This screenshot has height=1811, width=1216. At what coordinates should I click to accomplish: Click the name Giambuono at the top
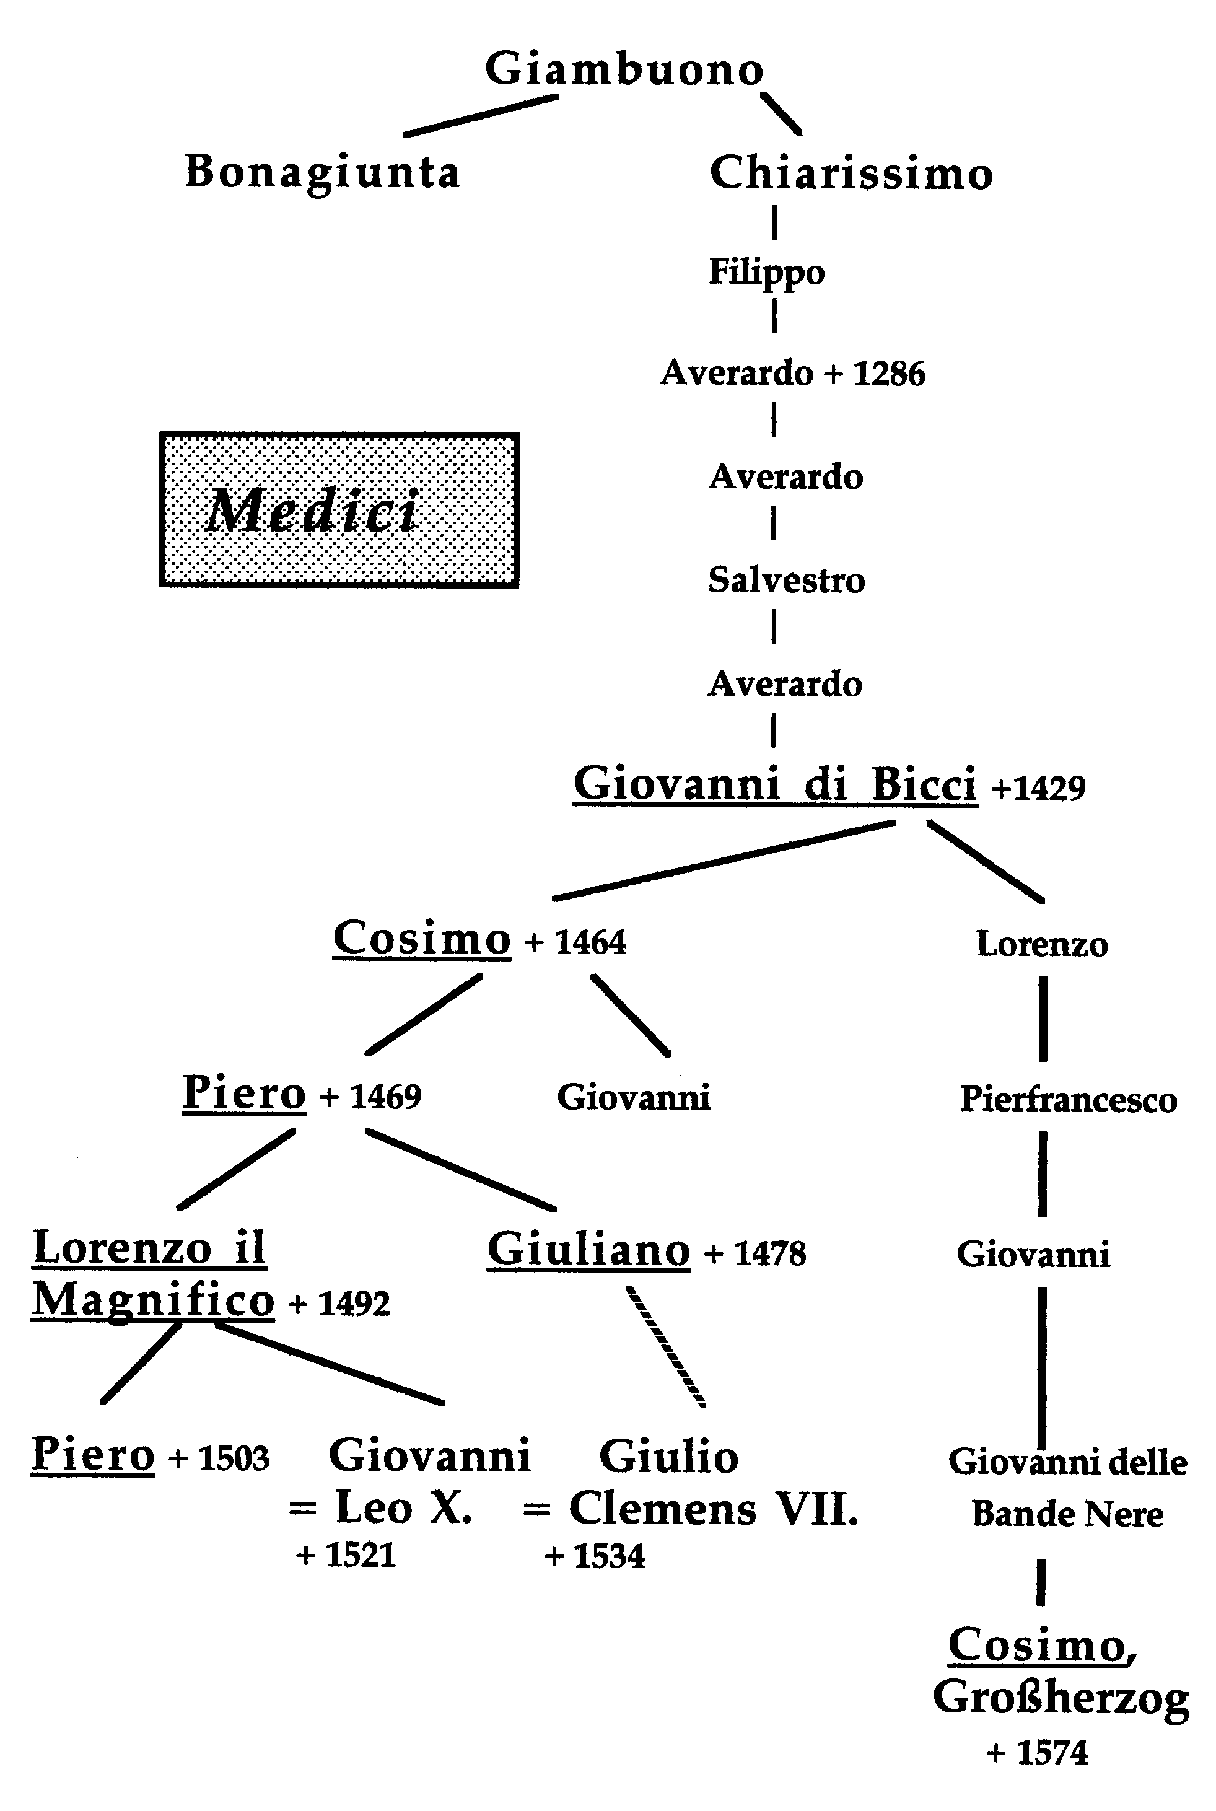tap(624, 69)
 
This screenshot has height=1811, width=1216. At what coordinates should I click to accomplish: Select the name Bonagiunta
tap(323, 172)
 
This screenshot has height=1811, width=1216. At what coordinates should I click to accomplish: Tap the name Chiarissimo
tap(851, 173)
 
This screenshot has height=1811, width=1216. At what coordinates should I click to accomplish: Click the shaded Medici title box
tap(339, 509)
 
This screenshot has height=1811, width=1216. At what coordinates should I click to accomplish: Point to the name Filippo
tap(766, 272)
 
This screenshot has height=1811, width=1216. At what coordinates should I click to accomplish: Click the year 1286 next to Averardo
tap(889, 374)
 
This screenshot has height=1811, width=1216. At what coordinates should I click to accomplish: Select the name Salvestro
tap(785, 580)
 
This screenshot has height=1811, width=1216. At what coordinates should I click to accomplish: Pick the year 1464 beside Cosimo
tap(590, 942)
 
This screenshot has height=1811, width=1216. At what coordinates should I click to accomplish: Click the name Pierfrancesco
tap(1068, 1099)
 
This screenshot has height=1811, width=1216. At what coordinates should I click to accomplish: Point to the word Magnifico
tap(153, 1300)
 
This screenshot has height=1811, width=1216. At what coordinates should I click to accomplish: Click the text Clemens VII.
tap(714, 1509)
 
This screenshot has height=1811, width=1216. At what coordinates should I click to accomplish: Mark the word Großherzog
tap(1060, 1698)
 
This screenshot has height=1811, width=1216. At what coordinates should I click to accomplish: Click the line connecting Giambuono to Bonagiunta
tap(480, 116)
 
